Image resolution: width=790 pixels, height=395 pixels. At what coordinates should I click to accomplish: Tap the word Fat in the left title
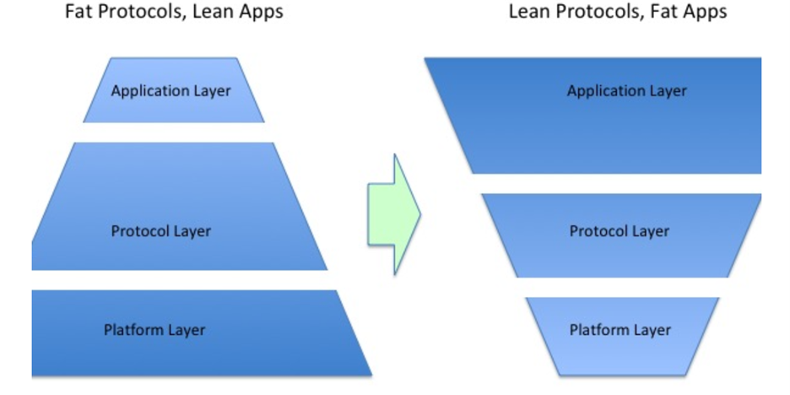pos(79,12)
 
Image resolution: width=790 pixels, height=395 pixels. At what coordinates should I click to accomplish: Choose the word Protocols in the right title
pos(596,12)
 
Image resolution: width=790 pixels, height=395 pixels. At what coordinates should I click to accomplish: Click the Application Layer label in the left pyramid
pos(170,90)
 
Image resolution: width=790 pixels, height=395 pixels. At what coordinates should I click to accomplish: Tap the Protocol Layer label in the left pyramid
pos(160,230)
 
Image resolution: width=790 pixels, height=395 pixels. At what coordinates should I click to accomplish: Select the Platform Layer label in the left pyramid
pos(154,329)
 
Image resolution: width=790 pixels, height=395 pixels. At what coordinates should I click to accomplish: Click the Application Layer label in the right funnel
pos(626,90)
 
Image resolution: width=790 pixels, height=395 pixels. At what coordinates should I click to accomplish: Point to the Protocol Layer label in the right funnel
pos(620,230)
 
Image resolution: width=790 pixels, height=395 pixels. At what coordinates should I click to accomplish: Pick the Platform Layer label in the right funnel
pos(620,329)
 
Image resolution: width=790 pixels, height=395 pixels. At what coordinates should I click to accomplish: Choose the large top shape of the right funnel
pos(608,135)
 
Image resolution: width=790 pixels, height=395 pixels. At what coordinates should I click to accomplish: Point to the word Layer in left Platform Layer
pos(185,329)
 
